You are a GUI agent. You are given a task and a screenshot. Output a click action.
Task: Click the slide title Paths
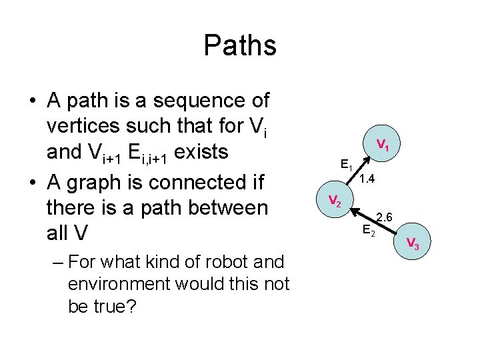tap(239, 45)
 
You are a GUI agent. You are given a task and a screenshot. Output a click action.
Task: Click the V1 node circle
tap(382, 144)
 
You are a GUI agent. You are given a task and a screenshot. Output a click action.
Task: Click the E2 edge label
tap(369, 231)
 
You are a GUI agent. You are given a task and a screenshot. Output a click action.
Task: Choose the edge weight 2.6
tap(385, 217)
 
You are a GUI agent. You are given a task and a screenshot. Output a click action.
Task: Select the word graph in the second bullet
tap(94, 181)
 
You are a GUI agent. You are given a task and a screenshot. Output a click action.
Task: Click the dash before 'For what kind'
tap(57, 261)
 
